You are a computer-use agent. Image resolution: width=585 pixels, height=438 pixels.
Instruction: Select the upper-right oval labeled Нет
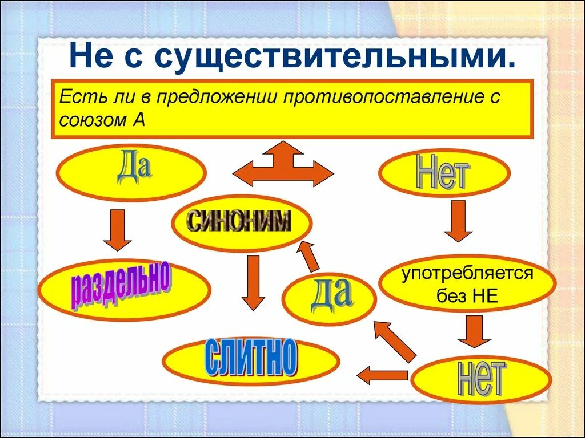pos(444,173)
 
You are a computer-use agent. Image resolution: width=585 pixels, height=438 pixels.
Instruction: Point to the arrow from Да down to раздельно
pos(118,229)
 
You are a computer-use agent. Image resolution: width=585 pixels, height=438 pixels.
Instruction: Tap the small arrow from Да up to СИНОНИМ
pos(309,255)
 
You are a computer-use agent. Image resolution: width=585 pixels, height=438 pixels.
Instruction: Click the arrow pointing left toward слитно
pos(382,375)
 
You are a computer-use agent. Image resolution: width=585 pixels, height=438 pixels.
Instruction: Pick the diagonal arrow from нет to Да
pos(395,340)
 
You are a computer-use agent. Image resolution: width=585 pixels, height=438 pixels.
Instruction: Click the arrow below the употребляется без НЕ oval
pos(474,331)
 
